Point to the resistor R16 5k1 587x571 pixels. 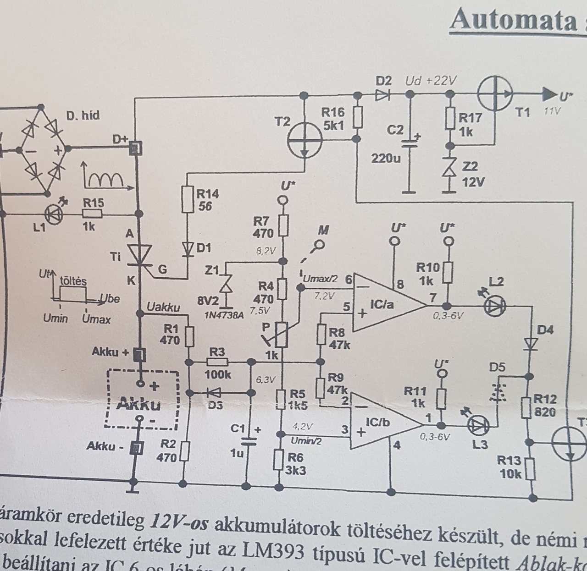click(x=358, y=118)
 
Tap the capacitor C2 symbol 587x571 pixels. click(x=410, y=143)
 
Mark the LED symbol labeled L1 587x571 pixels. click(x=54, y=214)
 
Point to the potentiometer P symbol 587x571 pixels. click(x=282, y=335)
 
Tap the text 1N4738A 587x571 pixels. click(x=225, y=314)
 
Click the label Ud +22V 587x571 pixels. click(x=431, y=81)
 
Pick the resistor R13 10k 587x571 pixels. click(x=531, y=469)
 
